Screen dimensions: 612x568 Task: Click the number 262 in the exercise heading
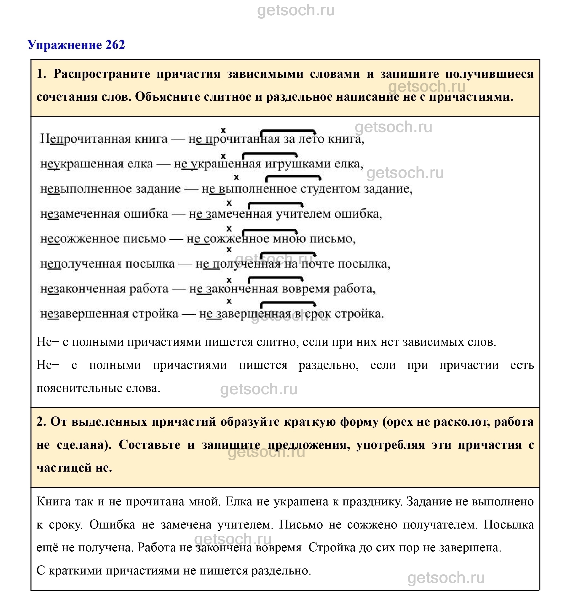click(115, 45)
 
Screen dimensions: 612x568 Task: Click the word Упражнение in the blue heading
click(64, 45)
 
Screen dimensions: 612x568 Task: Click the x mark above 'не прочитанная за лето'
click(223, 130)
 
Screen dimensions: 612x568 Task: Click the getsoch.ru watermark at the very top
click(296, 11)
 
